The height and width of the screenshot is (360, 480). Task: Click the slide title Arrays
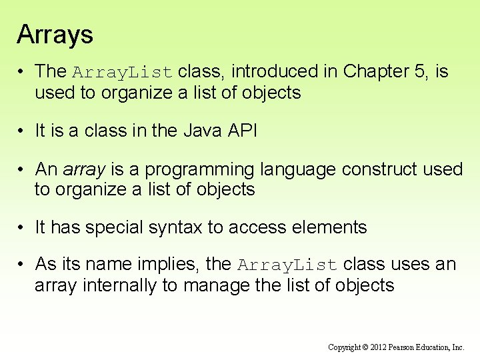coord(55,35)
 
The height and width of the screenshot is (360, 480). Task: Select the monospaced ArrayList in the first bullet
coord(123,72)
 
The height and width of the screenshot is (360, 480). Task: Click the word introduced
coord(265,71)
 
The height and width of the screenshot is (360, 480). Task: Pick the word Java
coord(202,131)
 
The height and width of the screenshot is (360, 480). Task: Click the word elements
coord(331,227)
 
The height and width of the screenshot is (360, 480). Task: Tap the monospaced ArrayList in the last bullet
coord(289,265)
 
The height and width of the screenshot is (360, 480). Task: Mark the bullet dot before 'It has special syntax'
coord(22,228)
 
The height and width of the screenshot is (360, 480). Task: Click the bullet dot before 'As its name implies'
coord(22,265)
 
